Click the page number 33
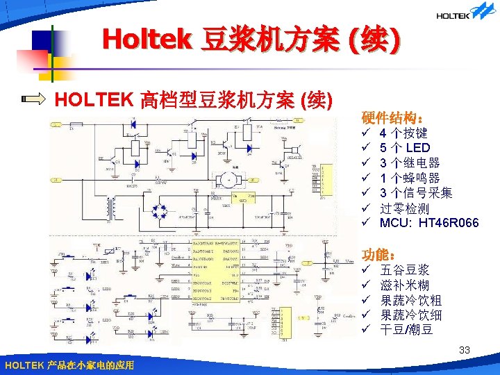465,351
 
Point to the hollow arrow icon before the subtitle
33,100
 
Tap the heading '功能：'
379,254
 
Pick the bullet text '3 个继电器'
410,162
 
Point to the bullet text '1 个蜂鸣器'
410,178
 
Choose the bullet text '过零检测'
404,208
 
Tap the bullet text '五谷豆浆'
405,269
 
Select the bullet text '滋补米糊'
405,285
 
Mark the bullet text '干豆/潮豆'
407,330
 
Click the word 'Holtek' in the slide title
146,39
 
